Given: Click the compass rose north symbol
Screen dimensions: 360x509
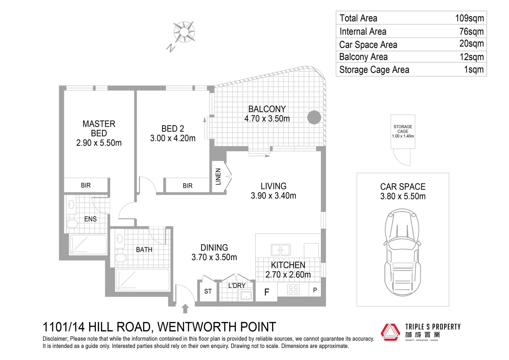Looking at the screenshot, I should [184, 32].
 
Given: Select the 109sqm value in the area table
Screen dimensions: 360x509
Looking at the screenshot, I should [469, 18].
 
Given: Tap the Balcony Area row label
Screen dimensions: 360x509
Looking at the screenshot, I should [363, 57].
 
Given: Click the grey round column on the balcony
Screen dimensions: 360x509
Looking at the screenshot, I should [314, 117].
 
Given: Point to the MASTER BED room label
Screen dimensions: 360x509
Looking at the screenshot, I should [99, 129].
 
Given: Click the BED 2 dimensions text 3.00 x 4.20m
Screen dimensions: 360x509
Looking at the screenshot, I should [173, 138].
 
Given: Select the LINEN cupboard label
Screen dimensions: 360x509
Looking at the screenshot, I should [218, 176].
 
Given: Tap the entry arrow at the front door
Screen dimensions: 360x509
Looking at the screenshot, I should [185, 308].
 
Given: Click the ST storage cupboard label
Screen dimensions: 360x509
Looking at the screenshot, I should [208, 291].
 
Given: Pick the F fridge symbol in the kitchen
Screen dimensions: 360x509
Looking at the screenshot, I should [266, 292].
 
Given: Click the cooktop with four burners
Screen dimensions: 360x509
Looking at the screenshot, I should [293, 289].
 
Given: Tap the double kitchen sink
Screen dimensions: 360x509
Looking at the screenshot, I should [280, 250].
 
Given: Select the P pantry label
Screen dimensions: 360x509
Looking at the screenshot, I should [315, 290].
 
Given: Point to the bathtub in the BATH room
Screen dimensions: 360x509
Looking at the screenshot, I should [142, 279].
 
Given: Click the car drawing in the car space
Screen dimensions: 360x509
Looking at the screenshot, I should [402, 252].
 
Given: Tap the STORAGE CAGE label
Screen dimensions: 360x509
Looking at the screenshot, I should [403, 129].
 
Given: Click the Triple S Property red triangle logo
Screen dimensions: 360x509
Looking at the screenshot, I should [390, 332].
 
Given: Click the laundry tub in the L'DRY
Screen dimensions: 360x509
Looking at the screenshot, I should [246, 295].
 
